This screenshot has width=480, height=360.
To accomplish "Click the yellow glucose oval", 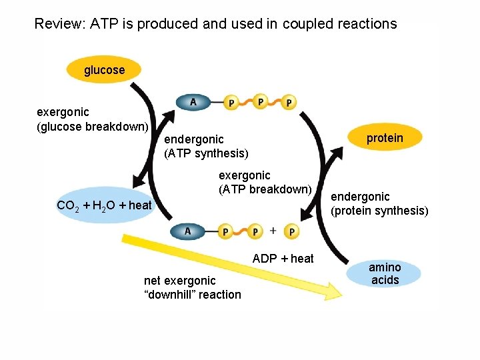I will point(104,70).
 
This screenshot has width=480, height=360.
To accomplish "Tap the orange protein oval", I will point(385,138).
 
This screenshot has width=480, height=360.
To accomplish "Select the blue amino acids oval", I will point(385,274).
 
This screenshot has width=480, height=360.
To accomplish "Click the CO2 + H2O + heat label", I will point(104,205).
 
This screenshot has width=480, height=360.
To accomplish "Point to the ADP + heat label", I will point(283,259).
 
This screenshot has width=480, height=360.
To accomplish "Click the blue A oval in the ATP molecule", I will point(193,102).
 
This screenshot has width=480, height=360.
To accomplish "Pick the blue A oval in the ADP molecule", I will point(187,231).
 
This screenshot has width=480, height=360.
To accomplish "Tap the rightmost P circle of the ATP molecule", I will point(289,102).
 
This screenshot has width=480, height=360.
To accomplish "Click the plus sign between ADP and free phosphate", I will point(273,231).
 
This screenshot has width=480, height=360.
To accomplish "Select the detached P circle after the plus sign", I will point(291,231).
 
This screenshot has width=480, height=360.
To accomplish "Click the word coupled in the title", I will point(309,25).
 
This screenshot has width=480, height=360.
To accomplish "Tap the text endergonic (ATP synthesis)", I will point(206,146).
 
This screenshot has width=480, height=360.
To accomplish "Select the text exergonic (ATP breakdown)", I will point(265,182).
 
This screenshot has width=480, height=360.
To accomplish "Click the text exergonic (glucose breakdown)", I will point(92,119).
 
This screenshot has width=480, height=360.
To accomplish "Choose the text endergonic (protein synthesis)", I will point(379,203).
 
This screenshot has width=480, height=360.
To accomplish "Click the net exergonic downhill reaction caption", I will point(193,287).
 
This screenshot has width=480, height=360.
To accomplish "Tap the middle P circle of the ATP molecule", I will point(260,102).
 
